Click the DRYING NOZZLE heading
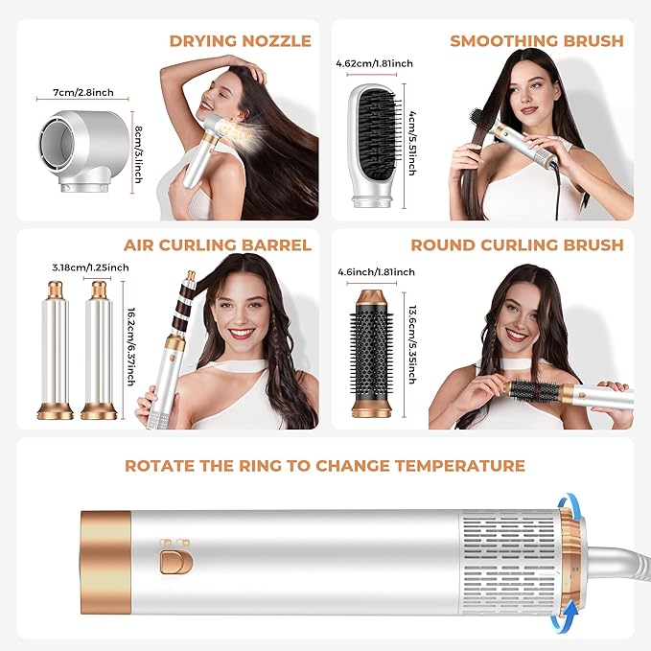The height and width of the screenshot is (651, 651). click(x=240, y=40)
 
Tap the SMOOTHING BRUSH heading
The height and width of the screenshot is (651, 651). click(x=537, y=40)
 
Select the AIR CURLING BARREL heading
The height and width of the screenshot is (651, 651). click(x=218, y=244)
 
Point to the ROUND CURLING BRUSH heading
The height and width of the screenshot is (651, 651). click(x=517, y=244)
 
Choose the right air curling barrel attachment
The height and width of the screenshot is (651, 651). click(x=98, y=350)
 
